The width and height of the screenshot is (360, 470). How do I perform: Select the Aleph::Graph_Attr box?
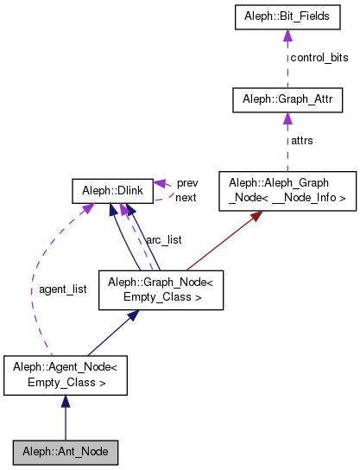[287, 101]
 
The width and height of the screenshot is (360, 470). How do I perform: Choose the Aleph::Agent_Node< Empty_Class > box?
[66, 375]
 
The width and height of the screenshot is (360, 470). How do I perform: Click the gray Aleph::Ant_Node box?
[65, 452]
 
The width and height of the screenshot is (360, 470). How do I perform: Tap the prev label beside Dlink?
[187, 183]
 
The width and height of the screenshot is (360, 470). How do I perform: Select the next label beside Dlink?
[186, 197]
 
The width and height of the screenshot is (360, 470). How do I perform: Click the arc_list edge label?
[162, 239]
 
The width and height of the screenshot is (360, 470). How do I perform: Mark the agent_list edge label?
[63, 289]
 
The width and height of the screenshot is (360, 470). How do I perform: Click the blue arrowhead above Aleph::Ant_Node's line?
[66, 402]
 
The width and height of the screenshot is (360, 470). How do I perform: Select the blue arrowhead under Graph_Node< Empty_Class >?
[132, 316]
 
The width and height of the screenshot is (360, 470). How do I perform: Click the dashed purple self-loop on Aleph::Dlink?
[169, 189]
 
